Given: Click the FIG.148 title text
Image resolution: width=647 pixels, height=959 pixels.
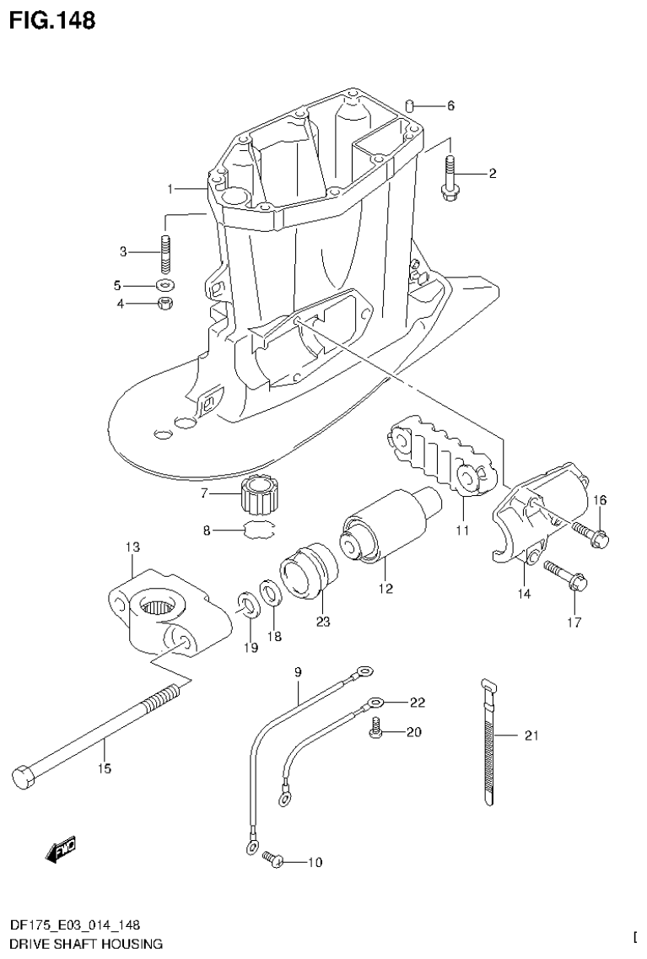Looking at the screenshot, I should coord(52,19).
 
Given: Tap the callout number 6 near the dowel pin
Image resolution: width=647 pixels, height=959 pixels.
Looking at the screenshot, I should coord(450,106).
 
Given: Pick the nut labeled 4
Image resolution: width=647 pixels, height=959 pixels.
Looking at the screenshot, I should coord(166,303).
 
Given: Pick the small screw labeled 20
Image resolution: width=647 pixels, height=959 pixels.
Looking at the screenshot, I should coord(375,733).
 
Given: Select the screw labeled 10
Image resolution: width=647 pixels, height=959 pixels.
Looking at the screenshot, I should coord(272,860).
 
